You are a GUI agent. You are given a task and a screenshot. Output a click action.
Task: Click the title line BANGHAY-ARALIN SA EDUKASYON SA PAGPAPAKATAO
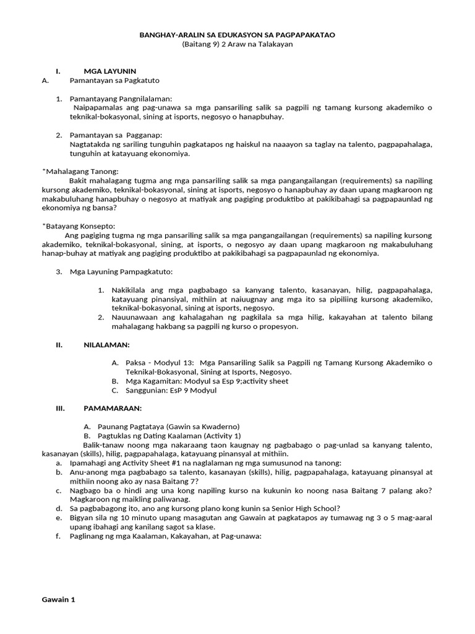pyautogui.click(x=237, y=35)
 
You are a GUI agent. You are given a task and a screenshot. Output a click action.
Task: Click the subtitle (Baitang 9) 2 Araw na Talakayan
pyautogui.click(x=237, y=45)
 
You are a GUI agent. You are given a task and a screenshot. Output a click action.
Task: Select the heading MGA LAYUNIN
pyautogui.click(x=109, y=72)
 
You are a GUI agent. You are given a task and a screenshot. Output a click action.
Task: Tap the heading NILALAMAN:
pyautogui.click(x=106, y=344)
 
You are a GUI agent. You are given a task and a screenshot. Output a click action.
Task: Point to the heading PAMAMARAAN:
pyautogui.click(x=113, y=408)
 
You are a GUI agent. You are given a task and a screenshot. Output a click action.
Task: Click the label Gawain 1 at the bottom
pyautogui.click(x=58, y=599)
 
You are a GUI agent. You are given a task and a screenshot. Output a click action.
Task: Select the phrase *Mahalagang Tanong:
pyautogui.click(x=80, y=171)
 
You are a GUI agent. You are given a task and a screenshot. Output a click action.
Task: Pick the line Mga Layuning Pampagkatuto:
pyautogui.click(x=121, y=271)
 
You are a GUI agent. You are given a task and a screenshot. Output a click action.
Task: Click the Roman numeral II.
pyautogui.click(x=59, y=344)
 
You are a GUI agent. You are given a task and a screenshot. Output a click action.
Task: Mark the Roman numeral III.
pyautogui.click(x=60, y=408)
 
